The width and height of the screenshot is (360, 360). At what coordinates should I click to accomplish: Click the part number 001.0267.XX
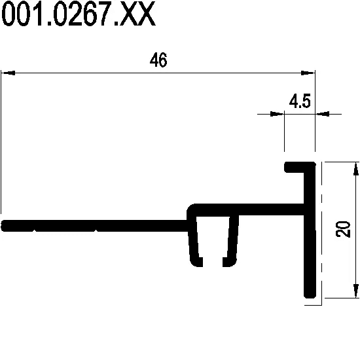pyautogui.click(x=79, y=13)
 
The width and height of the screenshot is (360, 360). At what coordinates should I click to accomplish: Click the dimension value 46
pyautogui.click(x=158, y=60)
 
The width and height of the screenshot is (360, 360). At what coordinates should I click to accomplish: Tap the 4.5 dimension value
pyautogui.click(x=300, y=101)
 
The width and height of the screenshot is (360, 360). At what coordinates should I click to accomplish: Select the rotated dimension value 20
pyautogui.click(x=343, y=229)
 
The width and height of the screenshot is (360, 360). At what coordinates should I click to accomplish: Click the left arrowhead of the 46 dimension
pyautogui.click(x=8, y=73)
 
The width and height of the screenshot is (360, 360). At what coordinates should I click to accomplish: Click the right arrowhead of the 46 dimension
pyautogui.click(x=308, y=73)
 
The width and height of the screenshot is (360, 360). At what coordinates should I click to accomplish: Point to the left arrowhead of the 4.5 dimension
pyautogui.click(x=278, y=114)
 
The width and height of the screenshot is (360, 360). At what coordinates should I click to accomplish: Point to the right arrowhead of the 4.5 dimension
pyautogui.click(x=322, y=114)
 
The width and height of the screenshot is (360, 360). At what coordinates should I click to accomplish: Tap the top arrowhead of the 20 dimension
pyautogui.click(x=355, y=169)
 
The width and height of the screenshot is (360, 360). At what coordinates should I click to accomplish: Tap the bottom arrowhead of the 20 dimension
pyautogui.click(x=355, y=291)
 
